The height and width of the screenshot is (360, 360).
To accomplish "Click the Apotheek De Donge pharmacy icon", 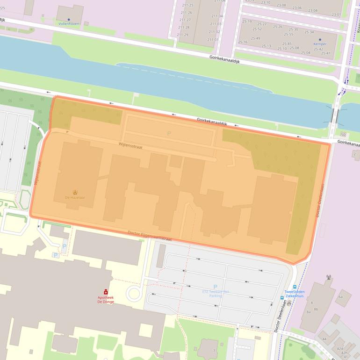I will click(106, 292).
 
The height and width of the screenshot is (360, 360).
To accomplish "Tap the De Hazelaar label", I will click(75, 198).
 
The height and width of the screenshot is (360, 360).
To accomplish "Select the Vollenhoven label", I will click(69, 23).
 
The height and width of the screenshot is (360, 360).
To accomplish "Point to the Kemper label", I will click(320, 44).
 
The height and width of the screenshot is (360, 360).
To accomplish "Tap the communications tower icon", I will click(329, 277).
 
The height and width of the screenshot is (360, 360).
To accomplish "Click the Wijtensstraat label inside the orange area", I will click(130, 146).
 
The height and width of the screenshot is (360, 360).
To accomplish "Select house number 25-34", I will click(309, 32).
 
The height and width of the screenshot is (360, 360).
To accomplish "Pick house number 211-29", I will click(183, 35).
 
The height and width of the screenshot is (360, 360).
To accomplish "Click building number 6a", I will click(340, 297).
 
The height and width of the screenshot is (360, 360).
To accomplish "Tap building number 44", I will click(324, 338).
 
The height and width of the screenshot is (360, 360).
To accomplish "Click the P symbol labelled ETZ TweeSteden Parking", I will click(215, 287).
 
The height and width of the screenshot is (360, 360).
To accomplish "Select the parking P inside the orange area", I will click(169, 133).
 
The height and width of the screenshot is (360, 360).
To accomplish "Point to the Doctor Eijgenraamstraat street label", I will click(150, 236).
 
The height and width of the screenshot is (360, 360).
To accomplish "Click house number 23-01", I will click(336, 14).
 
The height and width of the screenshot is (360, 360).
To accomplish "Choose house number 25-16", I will click(243, 42).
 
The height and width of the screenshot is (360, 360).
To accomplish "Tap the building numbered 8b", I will click(316, 309).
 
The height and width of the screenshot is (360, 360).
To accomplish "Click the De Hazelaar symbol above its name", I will click(75, 192).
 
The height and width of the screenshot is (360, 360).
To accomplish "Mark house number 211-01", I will click(213, 39).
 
